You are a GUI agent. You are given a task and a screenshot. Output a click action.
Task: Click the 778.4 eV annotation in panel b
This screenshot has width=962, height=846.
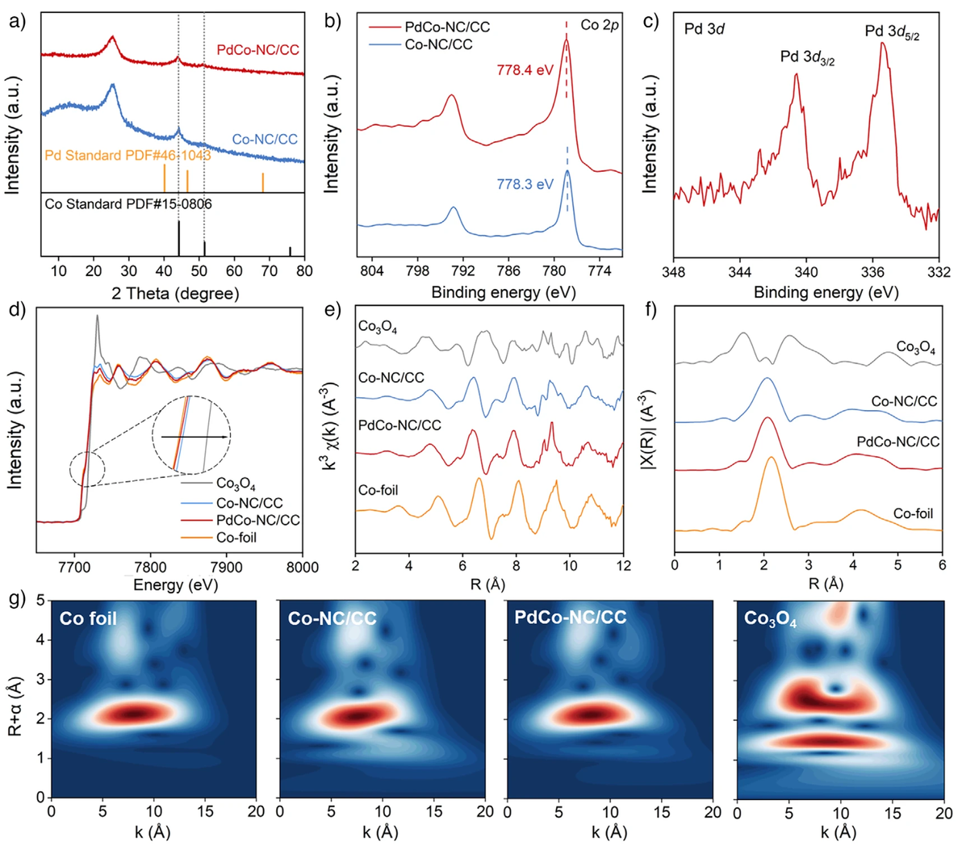(526, 70)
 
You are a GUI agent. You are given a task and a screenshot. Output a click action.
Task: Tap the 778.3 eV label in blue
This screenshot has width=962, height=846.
(526, 184)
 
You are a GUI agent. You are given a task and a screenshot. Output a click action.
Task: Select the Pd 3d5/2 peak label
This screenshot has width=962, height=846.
(892, 31)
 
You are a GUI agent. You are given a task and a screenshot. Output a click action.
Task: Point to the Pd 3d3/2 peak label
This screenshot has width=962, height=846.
(807, 57)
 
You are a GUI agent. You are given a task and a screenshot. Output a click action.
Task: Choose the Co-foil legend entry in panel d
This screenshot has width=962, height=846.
(236, 538)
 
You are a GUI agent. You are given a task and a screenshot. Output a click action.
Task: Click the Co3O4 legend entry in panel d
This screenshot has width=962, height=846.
(236, 485)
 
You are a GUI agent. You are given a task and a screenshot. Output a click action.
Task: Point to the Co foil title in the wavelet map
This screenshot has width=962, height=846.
(89, 620)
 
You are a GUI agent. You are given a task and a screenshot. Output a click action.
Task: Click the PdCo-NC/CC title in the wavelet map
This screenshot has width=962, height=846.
(571, 618)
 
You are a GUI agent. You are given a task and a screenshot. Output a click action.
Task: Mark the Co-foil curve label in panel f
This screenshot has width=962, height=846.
(913, 513)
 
